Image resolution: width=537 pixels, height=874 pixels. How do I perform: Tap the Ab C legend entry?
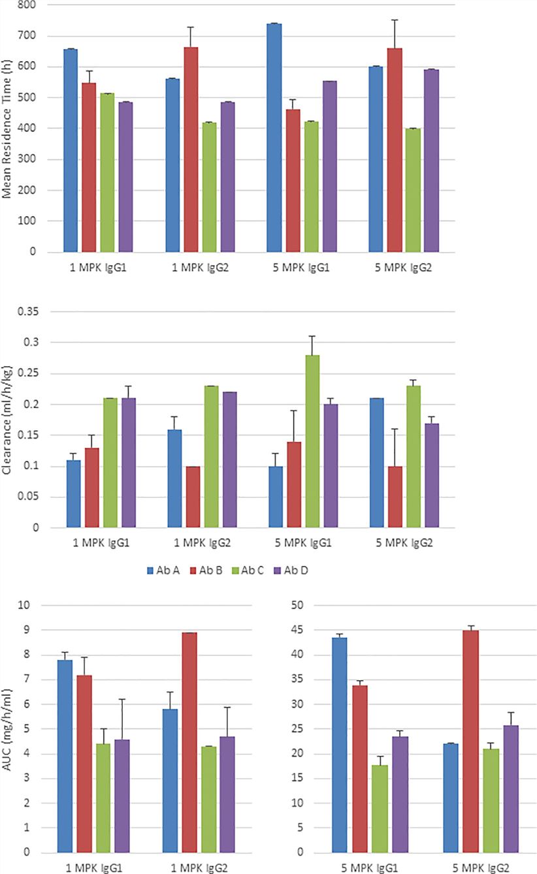pos(249,570)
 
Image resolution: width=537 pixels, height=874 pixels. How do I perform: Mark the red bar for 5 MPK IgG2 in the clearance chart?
pos(395,497)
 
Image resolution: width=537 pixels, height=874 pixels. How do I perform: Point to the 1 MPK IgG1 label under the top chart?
pos(97,268)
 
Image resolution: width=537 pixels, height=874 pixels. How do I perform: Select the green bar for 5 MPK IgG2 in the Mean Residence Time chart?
pos(413,190)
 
